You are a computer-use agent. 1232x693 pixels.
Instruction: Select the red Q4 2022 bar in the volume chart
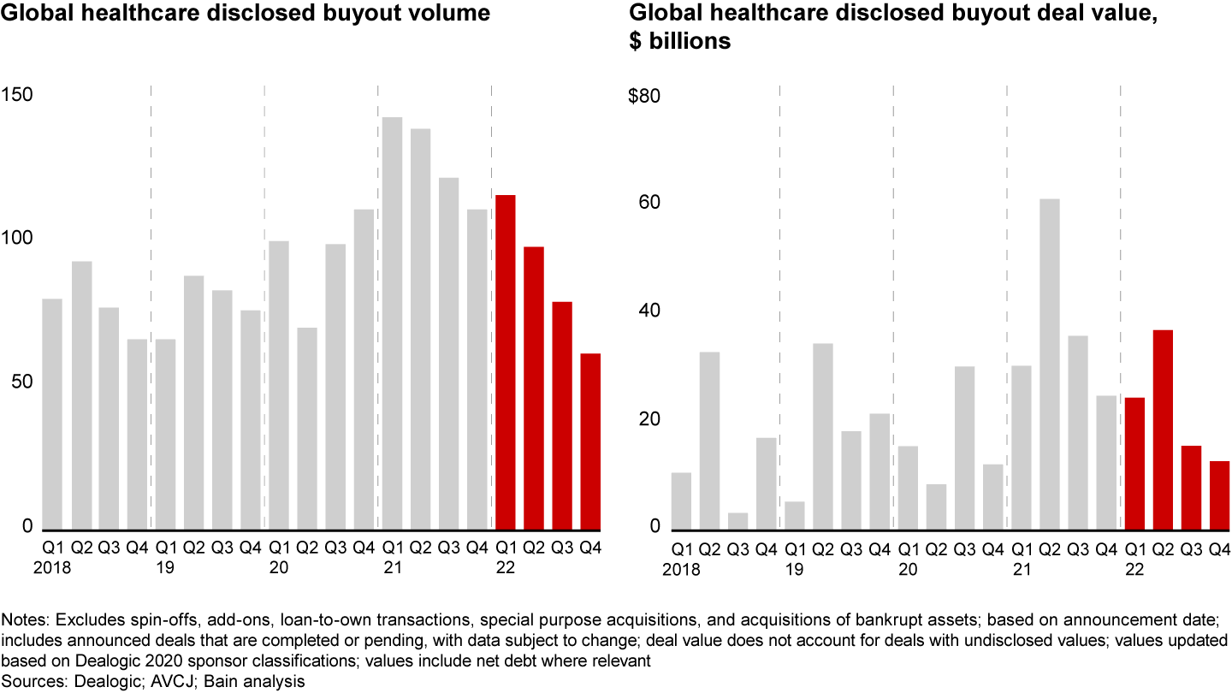[590, 441]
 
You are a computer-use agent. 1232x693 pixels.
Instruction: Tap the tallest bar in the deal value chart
[1050, 364]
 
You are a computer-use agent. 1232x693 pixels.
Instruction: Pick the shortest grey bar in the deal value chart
[737, 521]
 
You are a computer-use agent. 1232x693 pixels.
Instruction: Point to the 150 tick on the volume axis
[17, 94]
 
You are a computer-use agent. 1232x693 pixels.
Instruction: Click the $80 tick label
[643, 96]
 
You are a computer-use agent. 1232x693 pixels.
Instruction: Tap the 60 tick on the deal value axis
[649, 204]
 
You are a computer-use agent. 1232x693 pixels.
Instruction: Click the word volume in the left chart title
[452, 14]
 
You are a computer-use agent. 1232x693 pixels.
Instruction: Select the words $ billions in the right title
[680, 40]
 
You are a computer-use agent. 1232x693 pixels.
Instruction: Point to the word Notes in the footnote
[26, 619]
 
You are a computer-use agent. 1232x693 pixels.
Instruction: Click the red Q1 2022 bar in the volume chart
[506, 363]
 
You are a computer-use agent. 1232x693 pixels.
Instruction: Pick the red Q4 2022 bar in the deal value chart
[1219, 495]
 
